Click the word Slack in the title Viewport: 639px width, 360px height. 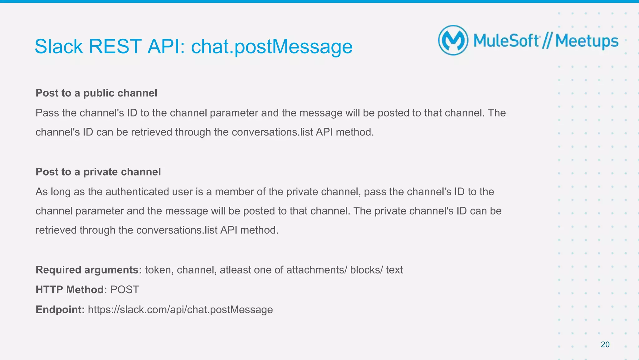[x=59, y=47]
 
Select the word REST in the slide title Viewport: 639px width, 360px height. [x=115, y=47]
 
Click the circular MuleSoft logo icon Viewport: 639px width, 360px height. [x=453, y=40]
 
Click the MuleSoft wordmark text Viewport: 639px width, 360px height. [x=506, y=41]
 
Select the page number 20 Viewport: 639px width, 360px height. [x=605, y=344]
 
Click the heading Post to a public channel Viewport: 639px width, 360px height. [x=96, y=93]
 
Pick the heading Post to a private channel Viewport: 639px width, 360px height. [x=98, y=172]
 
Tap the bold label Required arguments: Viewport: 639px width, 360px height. [x=89, y=270]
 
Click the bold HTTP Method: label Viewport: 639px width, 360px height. [x=71, y=289]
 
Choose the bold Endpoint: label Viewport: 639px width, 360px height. [x=60, y=309]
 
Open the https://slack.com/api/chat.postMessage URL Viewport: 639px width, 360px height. [x=180, y=309]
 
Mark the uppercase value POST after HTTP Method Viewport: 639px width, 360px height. [x=124, y=289]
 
